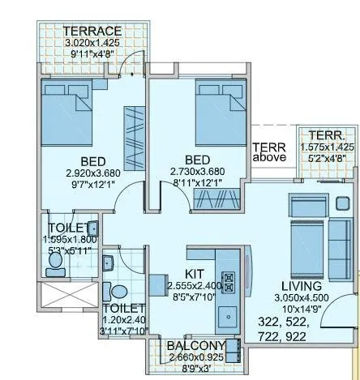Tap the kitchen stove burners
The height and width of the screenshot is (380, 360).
(x=229, y=279)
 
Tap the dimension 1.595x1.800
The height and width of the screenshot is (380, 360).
(x=70, y=241)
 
